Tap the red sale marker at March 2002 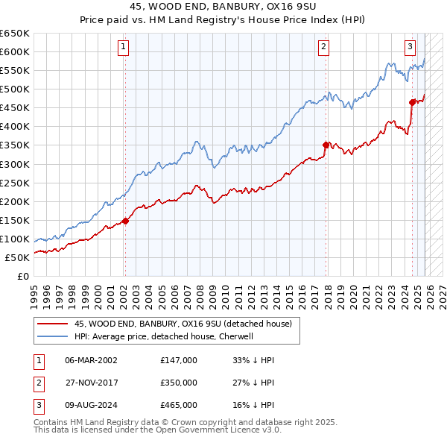click(x=125, y=221)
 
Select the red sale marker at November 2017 click(x=326, y=145)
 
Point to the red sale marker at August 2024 click(x=412, y=102)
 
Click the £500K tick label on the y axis click(x=15, y=89)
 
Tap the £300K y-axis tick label click(x=15, y=164)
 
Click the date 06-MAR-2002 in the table click(x=91, y=360)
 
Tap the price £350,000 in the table click(x=179, y=383)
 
